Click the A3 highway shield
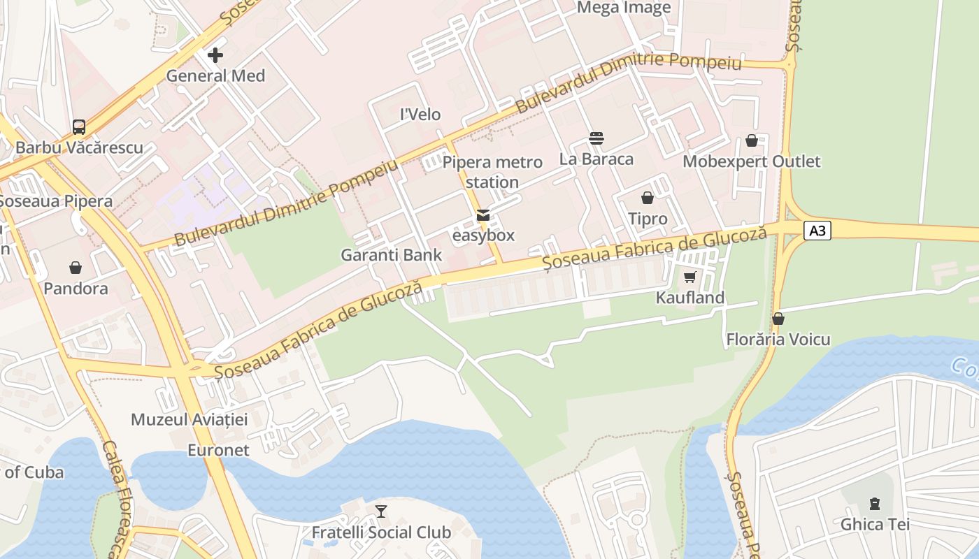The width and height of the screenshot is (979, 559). click(x=817, y=231)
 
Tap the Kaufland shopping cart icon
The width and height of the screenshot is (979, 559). click(x=689, y=277)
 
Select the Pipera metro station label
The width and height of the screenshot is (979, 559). click(x=492, y=172)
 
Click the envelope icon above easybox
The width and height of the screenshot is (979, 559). click(x=483, y=215)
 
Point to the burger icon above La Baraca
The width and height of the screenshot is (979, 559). click(x=596, y=138)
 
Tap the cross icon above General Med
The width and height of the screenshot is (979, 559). click(x=215, y=55)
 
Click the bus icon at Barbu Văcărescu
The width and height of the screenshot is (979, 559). click(x=79, y=127)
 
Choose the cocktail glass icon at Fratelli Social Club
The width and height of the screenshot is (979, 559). click(x=380, y=511)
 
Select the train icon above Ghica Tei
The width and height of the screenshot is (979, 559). click(x=874, y=503)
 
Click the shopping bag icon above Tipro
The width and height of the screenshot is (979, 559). click(x=648, y=198)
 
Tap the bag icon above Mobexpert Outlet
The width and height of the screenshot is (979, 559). click(x=752, y=140)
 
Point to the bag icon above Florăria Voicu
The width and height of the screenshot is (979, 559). click(x=778, y=319)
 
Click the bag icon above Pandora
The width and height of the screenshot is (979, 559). click(x=76, y=267)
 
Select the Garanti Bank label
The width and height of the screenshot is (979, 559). click(x=391, y=255)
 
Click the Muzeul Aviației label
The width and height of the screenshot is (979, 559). click(x=190, y=419)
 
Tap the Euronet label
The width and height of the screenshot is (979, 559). click(x=218, y=450)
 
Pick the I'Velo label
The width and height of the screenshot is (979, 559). click(x=420, y=114)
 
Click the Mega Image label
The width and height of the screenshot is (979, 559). click(x=624, y=8)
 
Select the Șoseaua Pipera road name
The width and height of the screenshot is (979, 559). click(x=56, y=201)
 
